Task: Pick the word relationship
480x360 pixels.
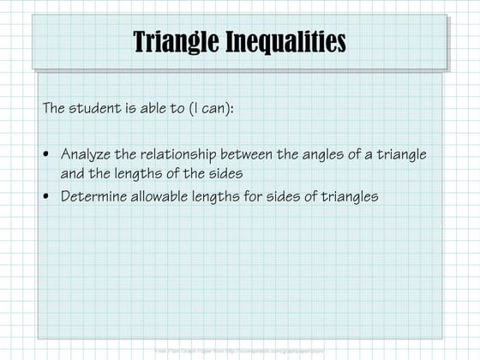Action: point(178,154)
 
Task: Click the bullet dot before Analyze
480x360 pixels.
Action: point(47,155)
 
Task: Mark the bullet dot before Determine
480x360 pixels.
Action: point(47,196)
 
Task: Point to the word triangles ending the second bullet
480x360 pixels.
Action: point(348,195)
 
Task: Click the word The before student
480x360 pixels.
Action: point(55,110)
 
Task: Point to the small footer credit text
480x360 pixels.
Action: point(240,351)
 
